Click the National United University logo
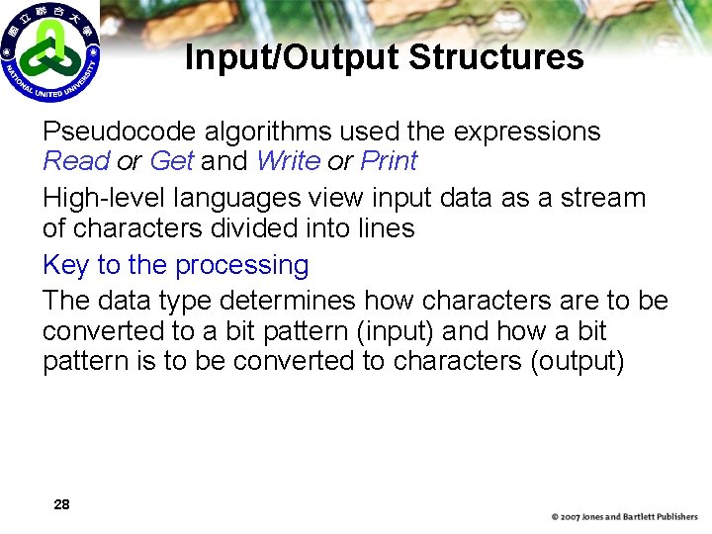tap(50, 52)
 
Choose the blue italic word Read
tap(75, 161)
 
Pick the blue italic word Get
tap(171, 161)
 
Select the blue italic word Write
tap(288, 161)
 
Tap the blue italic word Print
tap(389, 161)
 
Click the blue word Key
tap(65, 266)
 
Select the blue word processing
tap(241, 266)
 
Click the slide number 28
tap(61, 505)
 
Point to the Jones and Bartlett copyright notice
tap(624, 517)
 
